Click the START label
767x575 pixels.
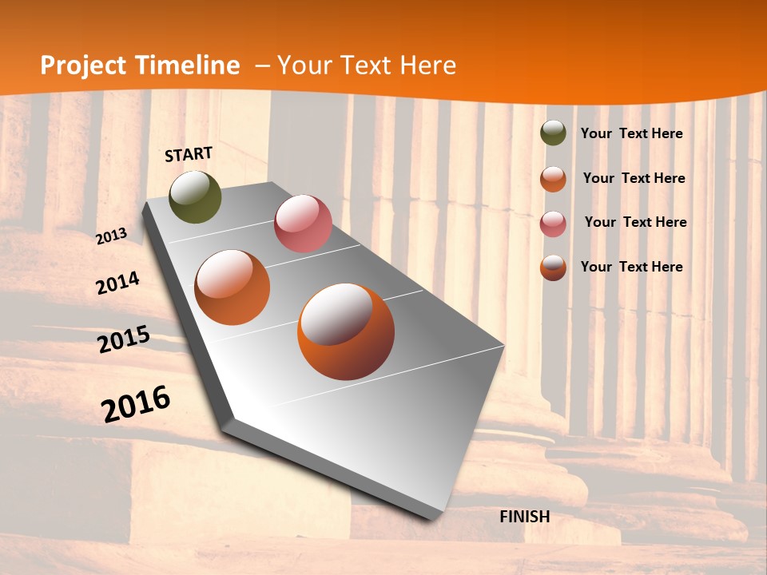click(x=189, y=154)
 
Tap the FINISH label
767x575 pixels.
click(x=525, y=517)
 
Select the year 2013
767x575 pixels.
click(x=112, y=236)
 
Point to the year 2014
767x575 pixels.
click(x=117, y=284)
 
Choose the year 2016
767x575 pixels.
click(x=136, y=404)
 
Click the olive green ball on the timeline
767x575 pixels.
click(x=196, y=197)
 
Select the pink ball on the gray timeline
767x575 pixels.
click(x=303, y=224)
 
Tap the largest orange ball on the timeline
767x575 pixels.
click(x=346, y=331)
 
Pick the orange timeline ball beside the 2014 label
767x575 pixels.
click(x=232, y=287)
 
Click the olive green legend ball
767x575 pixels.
click(x=553, y=133)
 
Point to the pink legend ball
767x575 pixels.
click(x=553, y=224)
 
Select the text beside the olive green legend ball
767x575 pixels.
click(x=631, y=134)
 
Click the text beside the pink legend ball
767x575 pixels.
click(x=635, y=222)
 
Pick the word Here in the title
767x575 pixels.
click(x=428, y=65)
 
